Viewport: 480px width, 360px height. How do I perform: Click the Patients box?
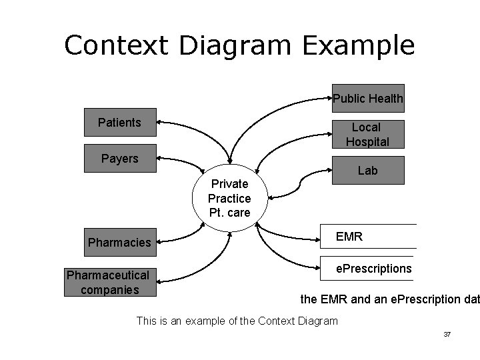(x=119, y=123)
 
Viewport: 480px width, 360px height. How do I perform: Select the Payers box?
(x=119, y=159)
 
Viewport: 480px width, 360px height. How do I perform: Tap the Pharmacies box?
(x=119, y=242)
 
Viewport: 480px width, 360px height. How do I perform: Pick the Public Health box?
(x=368, y=99)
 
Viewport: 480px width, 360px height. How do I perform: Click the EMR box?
(x=368, y=236)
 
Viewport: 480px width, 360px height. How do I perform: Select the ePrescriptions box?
(x=368, y=268)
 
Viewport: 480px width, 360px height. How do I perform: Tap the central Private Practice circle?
(x=229, y=198)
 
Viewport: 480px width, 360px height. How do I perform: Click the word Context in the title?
(x=114, y=45)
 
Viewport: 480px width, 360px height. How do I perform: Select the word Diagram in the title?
(x=232, y=45)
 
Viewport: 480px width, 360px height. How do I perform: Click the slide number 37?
(x=447, y=333)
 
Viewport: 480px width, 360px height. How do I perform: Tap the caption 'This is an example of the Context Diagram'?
(x=237, y=321)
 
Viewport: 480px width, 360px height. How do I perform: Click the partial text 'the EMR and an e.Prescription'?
(x=390, y=300)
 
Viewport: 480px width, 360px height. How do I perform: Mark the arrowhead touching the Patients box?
(x=161, y=123)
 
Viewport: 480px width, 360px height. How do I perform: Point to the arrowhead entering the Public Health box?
(x=329, y=99)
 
